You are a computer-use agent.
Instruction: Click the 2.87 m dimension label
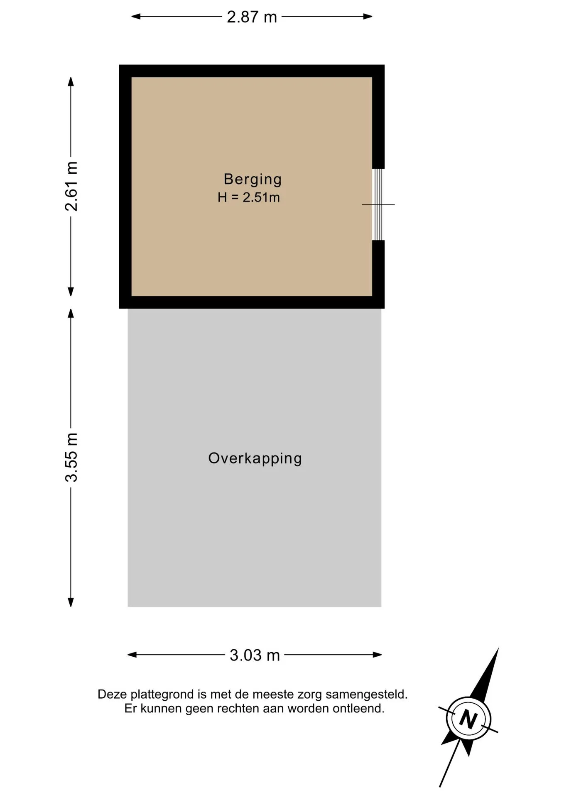252,17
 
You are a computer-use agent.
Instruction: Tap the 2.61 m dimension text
71,186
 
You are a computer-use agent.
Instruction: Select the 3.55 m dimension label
71,457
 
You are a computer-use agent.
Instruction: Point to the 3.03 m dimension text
255,655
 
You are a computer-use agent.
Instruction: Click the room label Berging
253,179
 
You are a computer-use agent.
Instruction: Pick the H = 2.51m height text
249,197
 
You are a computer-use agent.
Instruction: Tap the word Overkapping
255,458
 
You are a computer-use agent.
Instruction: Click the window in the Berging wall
378,204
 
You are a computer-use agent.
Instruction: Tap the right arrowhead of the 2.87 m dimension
368,17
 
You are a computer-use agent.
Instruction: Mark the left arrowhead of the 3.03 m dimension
132,655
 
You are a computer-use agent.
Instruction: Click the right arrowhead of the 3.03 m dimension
377,655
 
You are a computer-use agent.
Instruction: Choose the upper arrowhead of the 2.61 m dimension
71,82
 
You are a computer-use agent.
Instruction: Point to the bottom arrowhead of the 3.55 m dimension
71,602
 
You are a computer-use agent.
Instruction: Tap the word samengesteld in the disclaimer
367,695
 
